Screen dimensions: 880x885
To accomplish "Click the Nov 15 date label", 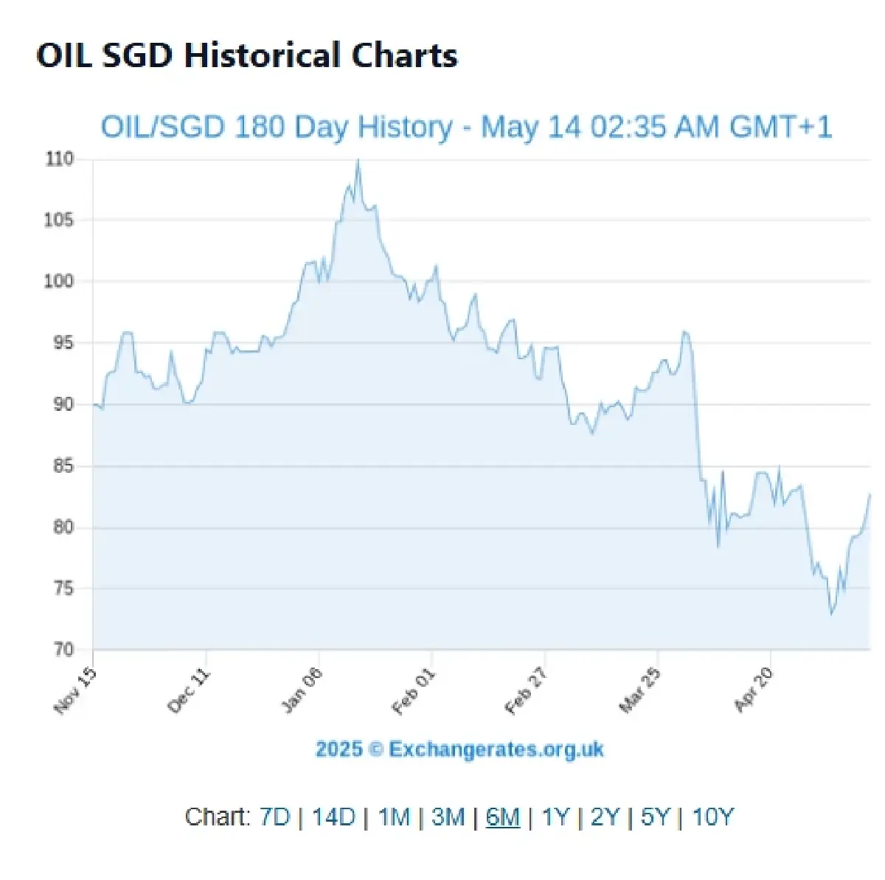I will point(76,691).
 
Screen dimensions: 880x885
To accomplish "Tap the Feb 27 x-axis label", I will point(526,691).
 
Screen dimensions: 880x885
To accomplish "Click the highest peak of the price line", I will point(358,160).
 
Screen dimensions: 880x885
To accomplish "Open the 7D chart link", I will point(275,817).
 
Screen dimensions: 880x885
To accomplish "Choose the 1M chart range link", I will point(394,817).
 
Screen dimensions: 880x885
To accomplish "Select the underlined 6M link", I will point(503,817).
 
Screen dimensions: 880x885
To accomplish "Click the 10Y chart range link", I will point(713,817).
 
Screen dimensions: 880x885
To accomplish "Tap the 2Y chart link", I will point(605,817).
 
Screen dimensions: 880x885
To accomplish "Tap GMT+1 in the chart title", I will point(780,127).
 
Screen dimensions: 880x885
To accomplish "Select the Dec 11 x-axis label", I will point(190,691).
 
